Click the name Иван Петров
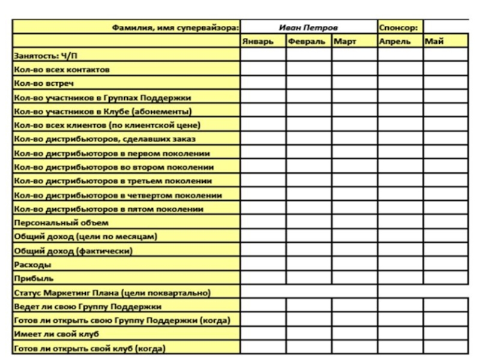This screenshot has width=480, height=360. pyautogui.click(x=308, y=27)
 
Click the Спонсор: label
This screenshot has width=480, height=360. pyautogui.click(x=399, y=27)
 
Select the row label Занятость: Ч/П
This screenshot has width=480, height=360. pyautogui.click(x=45, y=56)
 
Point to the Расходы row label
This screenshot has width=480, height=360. pyautogui.click(x=32, y=265)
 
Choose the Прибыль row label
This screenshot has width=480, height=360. pyautogui.click(x=34, y=278)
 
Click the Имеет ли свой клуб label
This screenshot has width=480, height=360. pyautogui.click(x=56, y=334)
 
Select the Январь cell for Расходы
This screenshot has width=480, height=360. pyautogui.click(x=263, y=265)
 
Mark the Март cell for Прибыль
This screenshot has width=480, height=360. pyautogui.click(x=354, y=278)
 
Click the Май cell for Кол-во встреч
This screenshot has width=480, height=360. pyautogui.click(x=445, y=83)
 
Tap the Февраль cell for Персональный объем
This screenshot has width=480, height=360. pyautogui.click(x=308, y=223)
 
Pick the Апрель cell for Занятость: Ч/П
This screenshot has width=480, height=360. pyautogui.click(x=400, y=56)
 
